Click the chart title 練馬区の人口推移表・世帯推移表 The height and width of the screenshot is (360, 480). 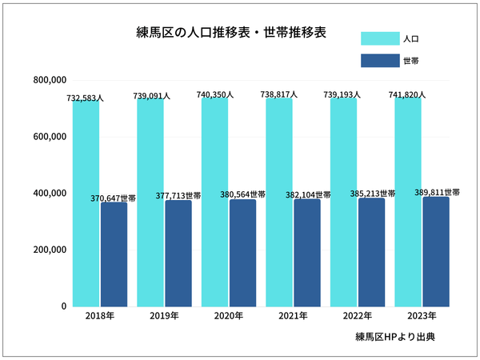coord(232,34)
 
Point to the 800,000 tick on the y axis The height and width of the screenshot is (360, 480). coord(50,80)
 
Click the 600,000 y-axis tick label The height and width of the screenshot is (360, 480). coord(50,137)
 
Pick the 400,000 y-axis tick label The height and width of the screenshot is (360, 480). coord(50,194)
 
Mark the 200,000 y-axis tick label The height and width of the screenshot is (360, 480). coord(50,250)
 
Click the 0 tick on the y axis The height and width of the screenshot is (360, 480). coord(62,306)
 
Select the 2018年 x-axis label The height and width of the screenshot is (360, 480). coord(99,317)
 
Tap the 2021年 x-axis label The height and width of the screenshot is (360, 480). coord(292,317)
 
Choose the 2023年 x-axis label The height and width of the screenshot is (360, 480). coord(421,317)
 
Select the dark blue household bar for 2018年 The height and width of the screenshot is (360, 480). coord(114,254)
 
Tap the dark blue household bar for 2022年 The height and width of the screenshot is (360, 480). coord(371,253)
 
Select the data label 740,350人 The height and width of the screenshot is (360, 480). coord(215,94)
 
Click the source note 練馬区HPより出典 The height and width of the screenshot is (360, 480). coord(395,338)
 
